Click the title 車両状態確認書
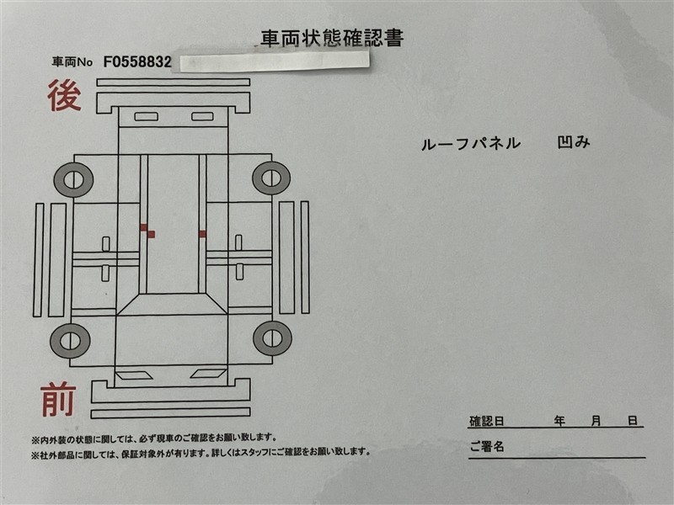332,38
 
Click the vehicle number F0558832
137,62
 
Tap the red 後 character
64,95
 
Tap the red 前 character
58,401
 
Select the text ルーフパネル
471,143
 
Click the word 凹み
574,142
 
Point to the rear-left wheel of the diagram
73,179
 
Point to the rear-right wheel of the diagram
271,178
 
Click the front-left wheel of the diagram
70,341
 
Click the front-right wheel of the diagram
272,338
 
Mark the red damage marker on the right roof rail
202,234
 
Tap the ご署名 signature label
487,447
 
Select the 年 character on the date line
559,421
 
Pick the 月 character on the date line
596,421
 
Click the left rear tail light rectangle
146,116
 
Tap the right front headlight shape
209,374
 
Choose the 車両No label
72,62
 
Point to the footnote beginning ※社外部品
201,452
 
